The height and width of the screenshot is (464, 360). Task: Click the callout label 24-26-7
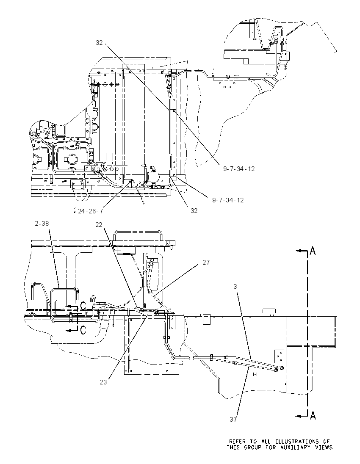pyautogui.click(x=90, y=211)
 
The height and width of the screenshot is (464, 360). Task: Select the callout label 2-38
pyautogui.click(x=42, y=224)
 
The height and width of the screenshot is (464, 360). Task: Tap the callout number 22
pyautogui.click(x=99, y=225)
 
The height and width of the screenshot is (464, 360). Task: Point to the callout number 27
pyautogui.click(x=206, y=262)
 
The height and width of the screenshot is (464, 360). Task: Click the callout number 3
pyautogui.click(x=235, y=287)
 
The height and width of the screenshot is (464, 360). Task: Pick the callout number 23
pyautogui.click(x=103, y=382)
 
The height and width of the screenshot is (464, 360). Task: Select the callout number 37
pyautogui.click(x=233, y=419)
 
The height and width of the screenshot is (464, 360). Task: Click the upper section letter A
pyautogui.click(x=313, y=251)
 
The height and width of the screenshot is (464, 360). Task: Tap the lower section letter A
pyautogui.click(x=313, y=416)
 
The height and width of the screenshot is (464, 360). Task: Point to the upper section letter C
pyautogui.click(x=83, y=305)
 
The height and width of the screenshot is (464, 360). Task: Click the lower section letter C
pyautogui.click(x=83, y=330)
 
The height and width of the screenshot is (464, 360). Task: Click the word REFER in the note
pyautogui.click(x=237, y=442)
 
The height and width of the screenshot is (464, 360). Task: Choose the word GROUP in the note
pyautogui.click(x=252, y=447)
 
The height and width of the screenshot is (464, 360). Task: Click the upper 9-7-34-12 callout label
pyautogui.click(x=238, y=168)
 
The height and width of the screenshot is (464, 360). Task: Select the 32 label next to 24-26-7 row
pyautogui.click(x=194, y=211)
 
